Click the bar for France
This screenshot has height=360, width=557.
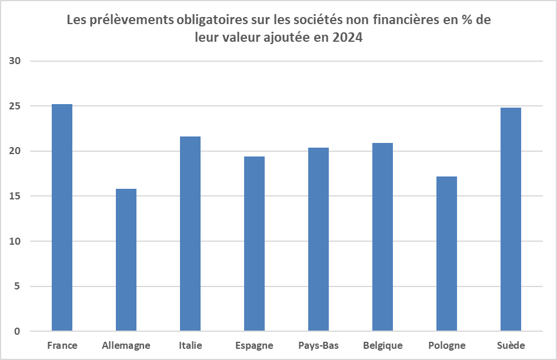coord(62,218)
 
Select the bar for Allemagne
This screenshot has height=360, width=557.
coord(126,260)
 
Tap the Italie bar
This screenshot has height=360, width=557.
coord(191,234)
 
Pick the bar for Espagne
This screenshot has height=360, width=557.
coord(254,244)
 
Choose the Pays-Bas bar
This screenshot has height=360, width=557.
coord(318,239)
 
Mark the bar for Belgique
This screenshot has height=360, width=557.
coord(382,237)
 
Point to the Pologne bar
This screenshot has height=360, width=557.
coord(446,254)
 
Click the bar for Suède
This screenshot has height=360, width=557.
coord(511,219)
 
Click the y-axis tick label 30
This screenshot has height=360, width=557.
coord(15,61)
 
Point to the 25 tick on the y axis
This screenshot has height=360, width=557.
coord(15,106)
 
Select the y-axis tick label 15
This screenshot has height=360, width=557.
coord(15,196)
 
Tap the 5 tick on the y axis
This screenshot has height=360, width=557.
coord(18,286)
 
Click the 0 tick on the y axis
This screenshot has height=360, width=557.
coord(18,331)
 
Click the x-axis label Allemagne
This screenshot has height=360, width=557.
coord(126,345)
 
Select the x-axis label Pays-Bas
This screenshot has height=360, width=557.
coord(319,345)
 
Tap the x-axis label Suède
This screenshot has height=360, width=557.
coord(511,345)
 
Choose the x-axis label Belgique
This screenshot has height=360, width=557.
coord(383,345)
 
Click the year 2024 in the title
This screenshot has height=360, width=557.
coord(348,37)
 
